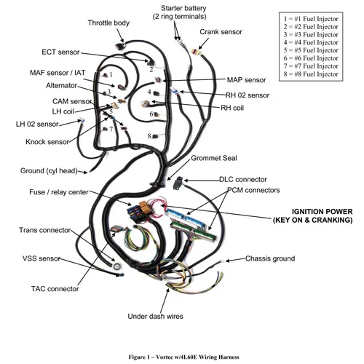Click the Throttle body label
click(108, 23)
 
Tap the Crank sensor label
click(221, 32)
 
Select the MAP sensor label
click(246, 80)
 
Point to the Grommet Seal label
click(214, 158)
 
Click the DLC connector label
click(243, 179)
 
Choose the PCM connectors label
click(253, 190)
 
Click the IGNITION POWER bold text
click(322, 212)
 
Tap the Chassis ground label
click(270, 258)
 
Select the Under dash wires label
click(155, 316)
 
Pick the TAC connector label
click(55, 289)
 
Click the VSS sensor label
click(41, 258)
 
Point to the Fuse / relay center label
click(59, 192)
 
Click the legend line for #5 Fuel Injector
click(311, 50)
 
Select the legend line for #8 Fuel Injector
click(311, 74)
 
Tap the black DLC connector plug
click(177, 183)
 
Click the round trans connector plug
click(117, 266)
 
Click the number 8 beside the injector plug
click(149, 135)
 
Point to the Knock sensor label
click(47, 142)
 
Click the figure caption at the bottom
click(183, 357)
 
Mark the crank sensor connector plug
click(196, 52)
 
